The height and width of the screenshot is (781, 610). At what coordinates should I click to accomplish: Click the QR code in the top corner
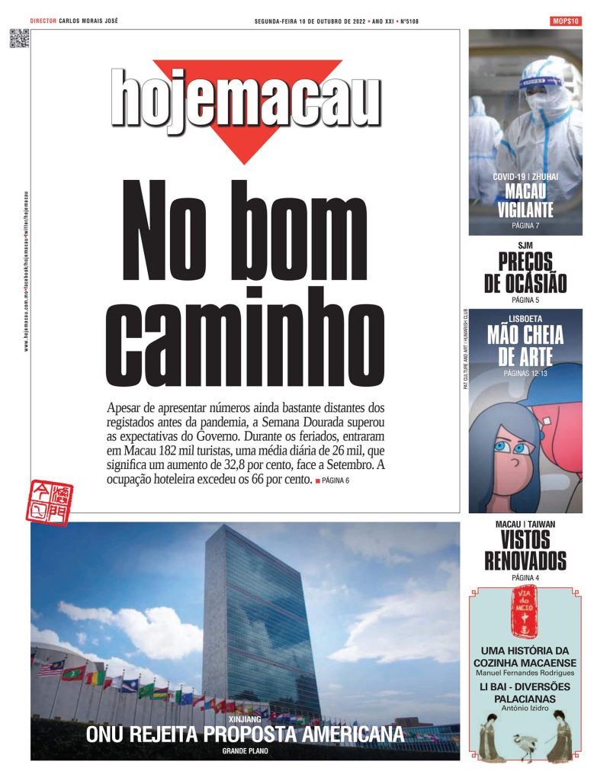click(x=19, y=38)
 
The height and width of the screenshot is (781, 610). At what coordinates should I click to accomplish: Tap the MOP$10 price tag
click(x=565, y=21)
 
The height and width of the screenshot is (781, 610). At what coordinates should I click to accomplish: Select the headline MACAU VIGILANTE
click(x=525, y=201)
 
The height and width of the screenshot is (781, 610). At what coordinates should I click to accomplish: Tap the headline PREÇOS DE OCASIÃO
click(x=525, y=272)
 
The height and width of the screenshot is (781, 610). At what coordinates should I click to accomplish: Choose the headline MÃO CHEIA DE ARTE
click(x=525, y=346)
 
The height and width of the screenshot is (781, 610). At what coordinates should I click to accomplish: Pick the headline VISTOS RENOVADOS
click(x=525, y=551)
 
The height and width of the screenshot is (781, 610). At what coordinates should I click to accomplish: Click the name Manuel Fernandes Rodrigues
click(x=525, y=673)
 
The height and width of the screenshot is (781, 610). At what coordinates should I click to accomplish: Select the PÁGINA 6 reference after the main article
click(x=335, y=480)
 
